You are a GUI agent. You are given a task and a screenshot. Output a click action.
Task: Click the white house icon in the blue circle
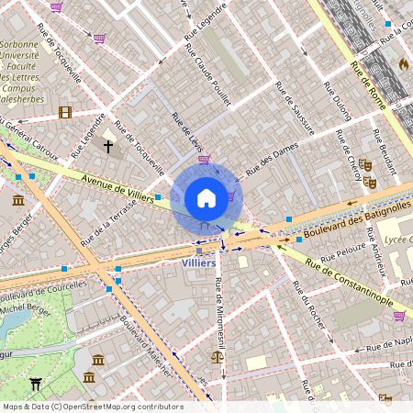[206, 198]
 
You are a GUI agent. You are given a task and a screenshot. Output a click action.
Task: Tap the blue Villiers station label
[199, 263]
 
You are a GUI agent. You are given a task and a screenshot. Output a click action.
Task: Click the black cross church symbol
[108, 146]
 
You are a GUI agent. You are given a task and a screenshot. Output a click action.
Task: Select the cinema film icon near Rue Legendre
[64, 112]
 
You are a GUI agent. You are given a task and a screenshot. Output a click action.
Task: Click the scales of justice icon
[218, 357]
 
